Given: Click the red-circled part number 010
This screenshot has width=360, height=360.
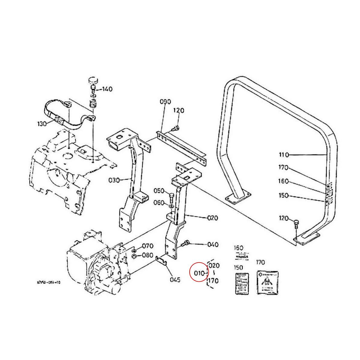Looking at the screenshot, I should click(x=199, y=273).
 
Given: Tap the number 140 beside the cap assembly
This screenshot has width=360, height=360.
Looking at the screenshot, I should click(x=107, y=89).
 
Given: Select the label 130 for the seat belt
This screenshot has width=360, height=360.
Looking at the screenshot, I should click(x=42, y=123).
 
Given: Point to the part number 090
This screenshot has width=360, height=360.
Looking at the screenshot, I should click(x=165, y=102).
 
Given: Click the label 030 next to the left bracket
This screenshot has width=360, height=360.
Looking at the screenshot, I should click(x=114, y=180).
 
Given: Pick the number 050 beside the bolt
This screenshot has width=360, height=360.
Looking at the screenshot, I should click(x=159, y=191).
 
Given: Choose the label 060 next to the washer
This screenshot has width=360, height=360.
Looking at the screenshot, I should click(x=159, y=203).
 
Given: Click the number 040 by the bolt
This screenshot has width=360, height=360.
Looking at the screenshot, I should click(x=213, y=244).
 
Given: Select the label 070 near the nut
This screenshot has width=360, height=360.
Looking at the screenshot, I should click(x=148, y=246).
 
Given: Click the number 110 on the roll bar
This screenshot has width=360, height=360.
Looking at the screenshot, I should click(x=283, y=155).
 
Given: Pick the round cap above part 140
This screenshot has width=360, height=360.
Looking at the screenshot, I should click(x=93, y=80).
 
